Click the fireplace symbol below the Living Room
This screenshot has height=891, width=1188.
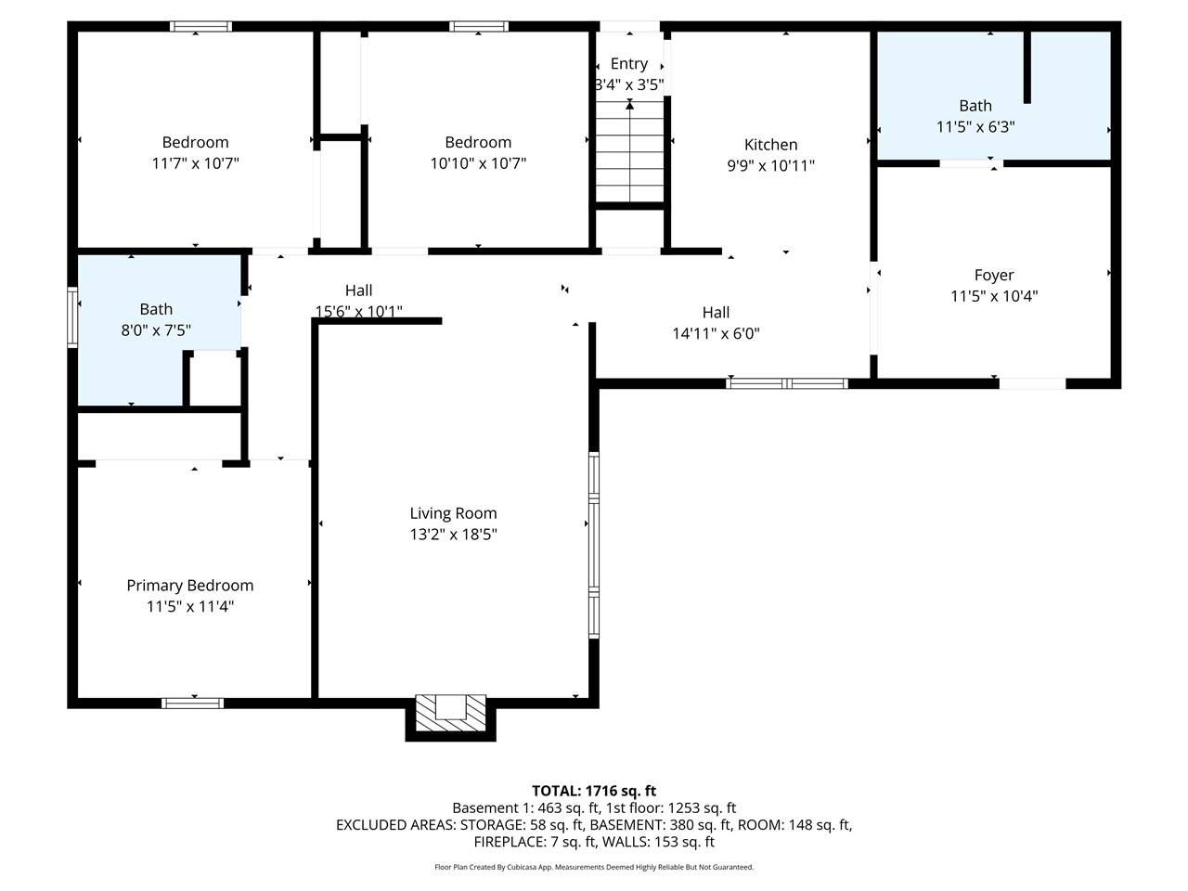click(x=450, y=713)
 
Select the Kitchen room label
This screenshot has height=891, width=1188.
click(x=770, y=145)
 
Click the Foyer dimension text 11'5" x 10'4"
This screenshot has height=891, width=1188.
click(x=994, y=296)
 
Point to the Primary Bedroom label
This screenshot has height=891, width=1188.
click(x=189, y=586)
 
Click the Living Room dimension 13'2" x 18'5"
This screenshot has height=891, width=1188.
click(x=454, y=535)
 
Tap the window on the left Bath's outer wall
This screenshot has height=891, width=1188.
click(x=72, y=317)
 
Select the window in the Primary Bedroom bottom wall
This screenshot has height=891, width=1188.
click(x=193, y=703)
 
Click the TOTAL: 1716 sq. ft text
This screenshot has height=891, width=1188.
click(x=594, y=791)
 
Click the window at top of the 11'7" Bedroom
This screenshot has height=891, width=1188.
click(x=200, y=27)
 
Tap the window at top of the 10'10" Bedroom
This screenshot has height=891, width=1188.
click(x=478, y=27)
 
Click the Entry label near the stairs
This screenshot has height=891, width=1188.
click(x=629, y=64)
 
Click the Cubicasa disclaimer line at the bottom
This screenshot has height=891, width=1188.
click(x=594, y=867)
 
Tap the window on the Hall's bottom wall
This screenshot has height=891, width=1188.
click(x=787, y=382)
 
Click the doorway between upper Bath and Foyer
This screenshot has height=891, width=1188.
click(x=971, y=164)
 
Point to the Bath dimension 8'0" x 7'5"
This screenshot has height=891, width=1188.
click(x=156, y=329)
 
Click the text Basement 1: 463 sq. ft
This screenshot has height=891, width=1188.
click(x=523, y=807)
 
